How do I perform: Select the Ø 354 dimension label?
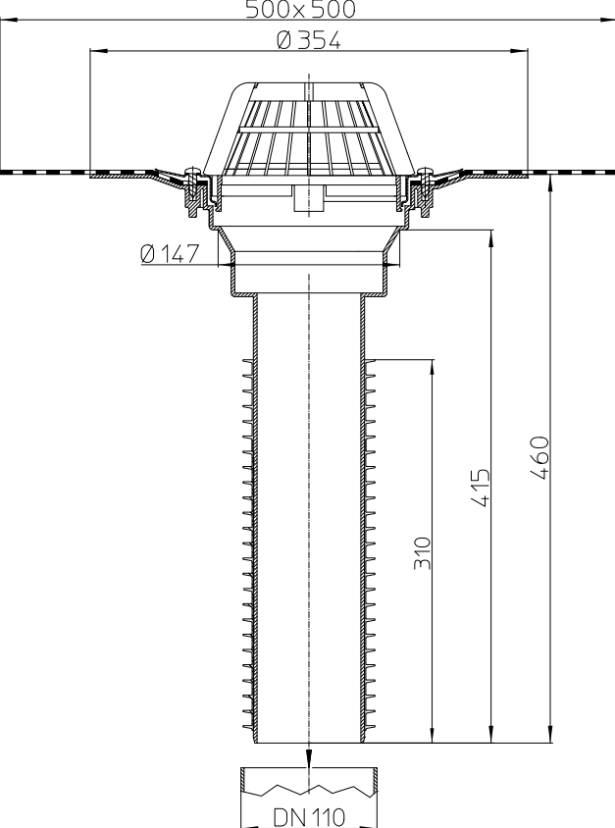308,42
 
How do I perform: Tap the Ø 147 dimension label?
169,254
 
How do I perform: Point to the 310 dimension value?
423,554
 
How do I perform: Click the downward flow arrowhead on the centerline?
309,758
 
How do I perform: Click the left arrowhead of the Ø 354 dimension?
95,52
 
